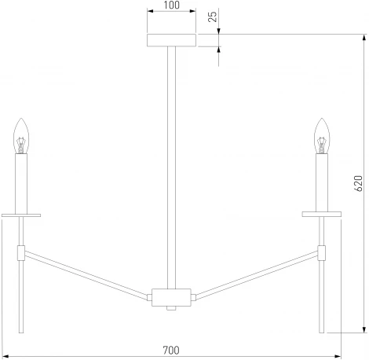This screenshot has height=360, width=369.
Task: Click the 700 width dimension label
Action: (x=171, y=350)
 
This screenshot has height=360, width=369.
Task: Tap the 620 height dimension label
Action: (x=358, y=183)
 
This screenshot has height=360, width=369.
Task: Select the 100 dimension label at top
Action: (x=172, y=5)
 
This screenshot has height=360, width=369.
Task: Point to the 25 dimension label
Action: (x=213, y=17)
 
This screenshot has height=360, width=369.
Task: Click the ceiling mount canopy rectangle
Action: (x=171, y=40)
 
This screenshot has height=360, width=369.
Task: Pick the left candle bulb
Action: (x=21, y=136)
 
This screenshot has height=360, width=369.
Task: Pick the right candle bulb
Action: (x=322, y=136)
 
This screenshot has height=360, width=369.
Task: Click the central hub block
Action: (x=171, y=297)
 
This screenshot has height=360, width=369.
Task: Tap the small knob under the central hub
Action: (x=171, y=308)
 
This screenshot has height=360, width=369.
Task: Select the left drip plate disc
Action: (x=21, y=215)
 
